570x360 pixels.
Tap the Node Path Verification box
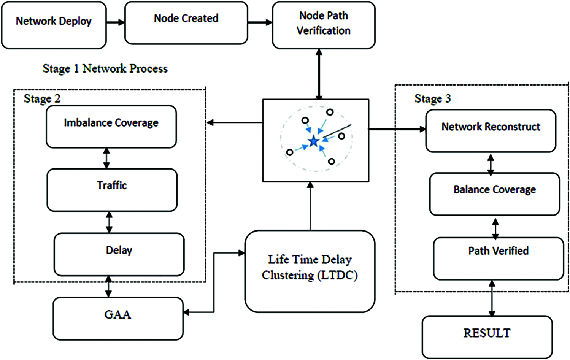(324, 25)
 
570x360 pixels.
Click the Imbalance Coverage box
(111, 127)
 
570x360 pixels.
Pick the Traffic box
(112, 190)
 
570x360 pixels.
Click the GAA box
(118, 318)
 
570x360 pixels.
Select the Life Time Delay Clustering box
(310, 271)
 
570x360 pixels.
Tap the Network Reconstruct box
(491, 131)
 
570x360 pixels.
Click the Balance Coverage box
(494, 194)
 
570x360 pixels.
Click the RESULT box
(487, 336)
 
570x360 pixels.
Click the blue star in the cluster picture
(314, 141)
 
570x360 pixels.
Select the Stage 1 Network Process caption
(105, 69)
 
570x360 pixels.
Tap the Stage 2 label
(42, 99)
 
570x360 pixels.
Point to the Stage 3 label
(432, 99)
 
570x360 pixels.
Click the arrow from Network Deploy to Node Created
(115, 22)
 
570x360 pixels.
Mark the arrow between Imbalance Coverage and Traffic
(106, 158)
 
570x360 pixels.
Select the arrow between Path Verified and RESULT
(492, 298)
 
